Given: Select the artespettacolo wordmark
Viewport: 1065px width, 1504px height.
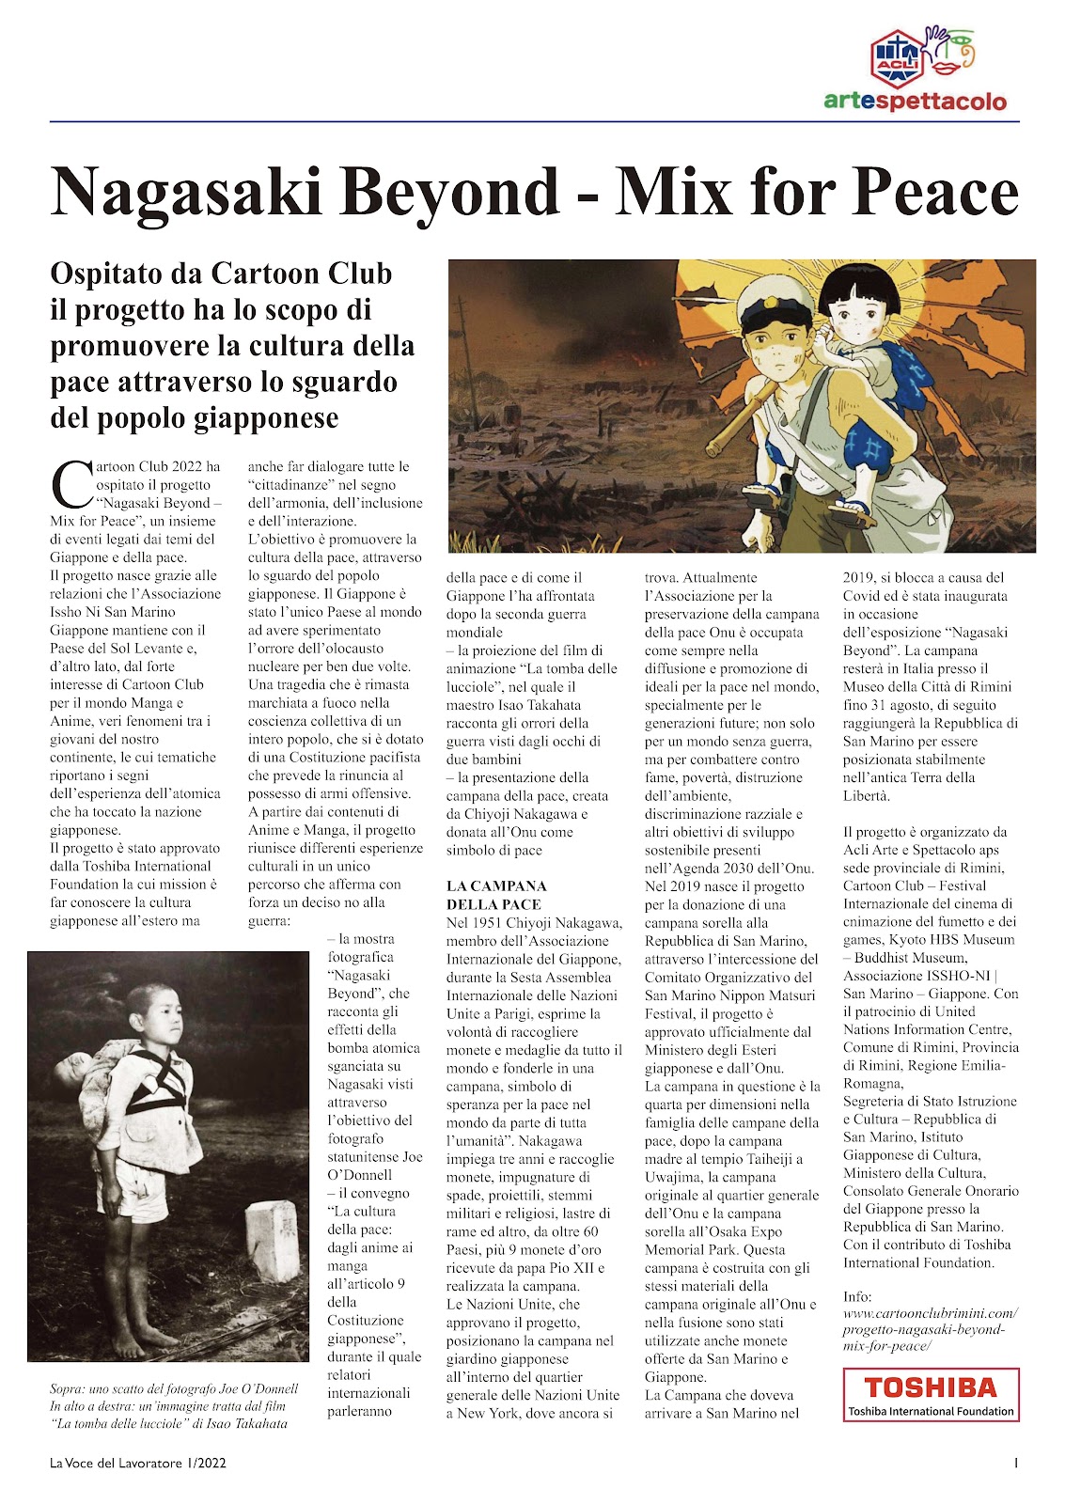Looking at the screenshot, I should click(x=915, y=102).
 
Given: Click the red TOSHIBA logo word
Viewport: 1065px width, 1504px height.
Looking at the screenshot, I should click(x=930, y=1387).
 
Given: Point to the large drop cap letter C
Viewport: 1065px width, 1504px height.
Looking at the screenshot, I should click(x=70, y=484).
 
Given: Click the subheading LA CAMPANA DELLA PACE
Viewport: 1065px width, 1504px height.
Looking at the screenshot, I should click(x=496, y=895).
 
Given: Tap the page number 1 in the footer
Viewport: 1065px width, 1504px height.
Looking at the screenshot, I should click(x=1016, y=1463).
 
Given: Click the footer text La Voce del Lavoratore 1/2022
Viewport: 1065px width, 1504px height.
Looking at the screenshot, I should click(x=138, y=1463).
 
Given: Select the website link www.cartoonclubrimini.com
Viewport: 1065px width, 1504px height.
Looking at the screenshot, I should click(x=930, y=1313).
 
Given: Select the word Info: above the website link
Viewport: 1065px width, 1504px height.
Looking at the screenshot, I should click(x=857, y=1295).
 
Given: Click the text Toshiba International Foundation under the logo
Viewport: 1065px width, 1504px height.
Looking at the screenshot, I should click(x=930, y=1411).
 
